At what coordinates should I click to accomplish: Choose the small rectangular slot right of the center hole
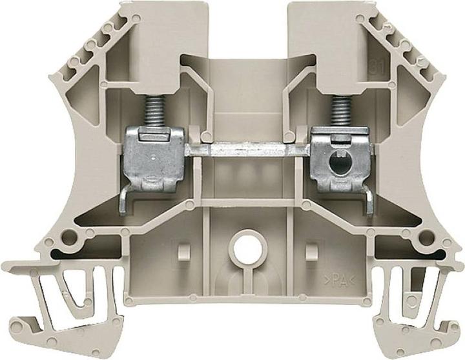coord(315,247)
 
